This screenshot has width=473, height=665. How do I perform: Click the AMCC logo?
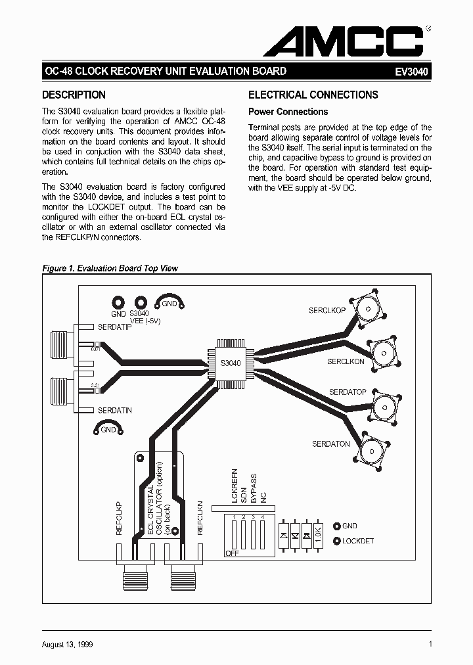coord(344,41)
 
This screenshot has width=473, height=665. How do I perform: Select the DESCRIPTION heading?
coord(74,95)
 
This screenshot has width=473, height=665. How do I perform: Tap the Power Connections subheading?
coord(288,112)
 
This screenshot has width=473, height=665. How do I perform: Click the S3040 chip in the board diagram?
coord(231,363)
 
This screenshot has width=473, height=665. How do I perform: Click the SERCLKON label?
coord(346,362)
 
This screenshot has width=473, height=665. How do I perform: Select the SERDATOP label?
coord(348,392)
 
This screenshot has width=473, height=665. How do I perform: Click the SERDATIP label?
coord(115,327)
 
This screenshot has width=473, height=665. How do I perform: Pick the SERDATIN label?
coord(115,411)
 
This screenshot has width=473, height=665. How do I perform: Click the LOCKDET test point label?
coord(358,541)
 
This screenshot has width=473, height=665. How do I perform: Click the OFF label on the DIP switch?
coord(232,553)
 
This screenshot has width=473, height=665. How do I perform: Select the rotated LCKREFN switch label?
coord(235,487)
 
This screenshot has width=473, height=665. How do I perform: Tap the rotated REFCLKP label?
coord(120,518)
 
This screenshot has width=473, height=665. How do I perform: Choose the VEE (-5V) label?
coord(145,321)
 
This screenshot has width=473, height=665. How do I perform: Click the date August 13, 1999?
coord(68,645)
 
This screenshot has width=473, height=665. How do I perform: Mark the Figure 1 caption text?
coord(110,268)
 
